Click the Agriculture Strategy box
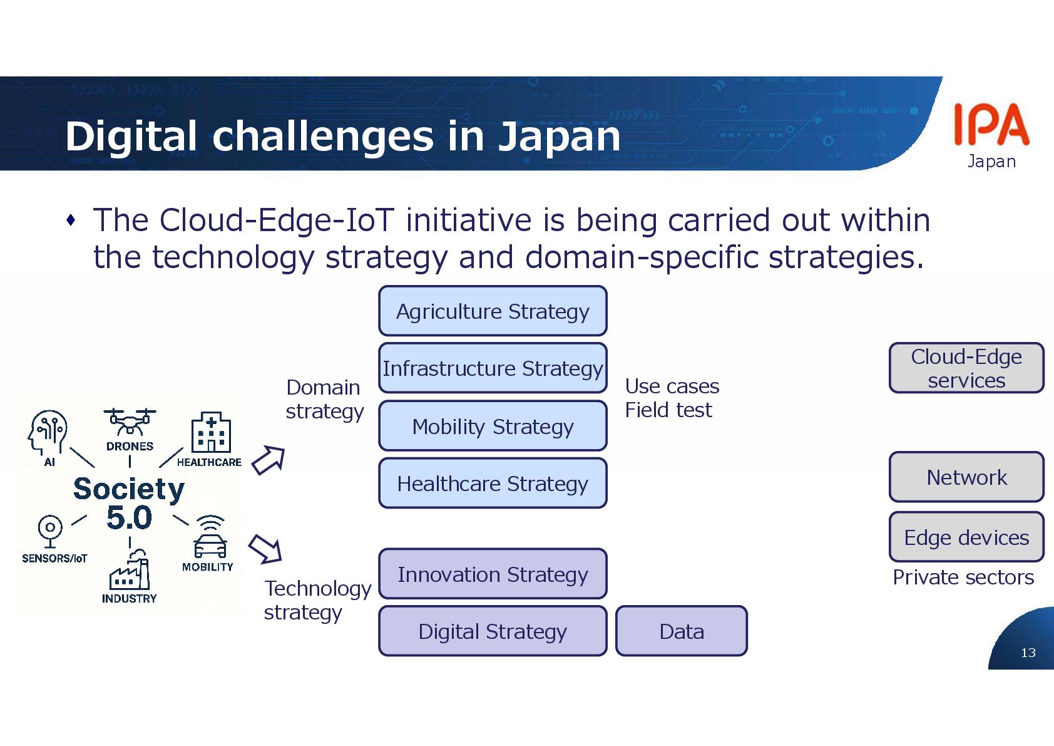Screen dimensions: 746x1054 point(493,311)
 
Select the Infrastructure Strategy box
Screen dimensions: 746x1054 point(493,368)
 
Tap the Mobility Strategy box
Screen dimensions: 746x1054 point(493,426)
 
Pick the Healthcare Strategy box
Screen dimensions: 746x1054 point(493,483)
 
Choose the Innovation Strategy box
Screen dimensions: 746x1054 point(493,574)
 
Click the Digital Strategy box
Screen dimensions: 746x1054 point(493,631)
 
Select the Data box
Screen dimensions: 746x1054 point(681,631)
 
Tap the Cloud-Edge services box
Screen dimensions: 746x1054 point(966,368)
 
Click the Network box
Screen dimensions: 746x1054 point(966,477)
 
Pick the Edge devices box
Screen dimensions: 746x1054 point(966,537)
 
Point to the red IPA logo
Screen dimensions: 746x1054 point(991,125)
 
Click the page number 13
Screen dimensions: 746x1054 point(1028,653)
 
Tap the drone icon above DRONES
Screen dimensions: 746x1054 point(130,422)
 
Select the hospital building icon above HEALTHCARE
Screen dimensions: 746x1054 point(211,433)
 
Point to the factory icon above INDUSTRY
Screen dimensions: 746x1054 point(130,571)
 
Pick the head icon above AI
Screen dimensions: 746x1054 point(47,432)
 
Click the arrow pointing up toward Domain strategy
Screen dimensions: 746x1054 point(269,460)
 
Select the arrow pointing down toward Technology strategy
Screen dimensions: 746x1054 point(265,549)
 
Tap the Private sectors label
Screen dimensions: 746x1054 point(963,577)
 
